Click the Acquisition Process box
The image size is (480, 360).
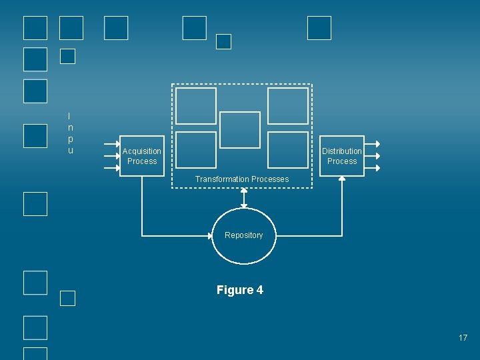(x=142, y=156)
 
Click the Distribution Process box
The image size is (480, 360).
(x=342, y=156)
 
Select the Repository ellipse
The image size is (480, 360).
(x=243, y=236)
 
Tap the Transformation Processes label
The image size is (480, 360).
(x=242, y=179)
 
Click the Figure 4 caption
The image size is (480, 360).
(x=240, y=290)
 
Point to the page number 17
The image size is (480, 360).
(x=463, y=338)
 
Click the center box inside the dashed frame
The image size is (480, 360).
(x=240, y=130)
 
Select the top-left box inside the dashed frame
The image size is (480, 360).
(x=196, y=106)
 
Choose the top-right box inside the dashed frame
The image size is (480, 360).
(x=288, y=106)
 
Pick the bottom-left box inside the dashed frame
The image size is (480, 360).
(x=196, y=149)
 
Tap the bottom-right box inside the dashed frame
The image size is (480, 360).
(x=288, y=149)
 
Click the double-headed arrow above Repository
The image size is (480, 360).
(x=244, y=198)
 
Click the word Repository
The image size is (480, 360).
(x=244, y=235)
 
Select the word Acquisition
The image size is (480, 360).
(x=142, y=151)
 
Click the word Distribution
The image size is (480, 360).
(x=342, y=151)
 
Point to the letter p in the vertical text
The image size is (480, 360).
(x=70, y=139)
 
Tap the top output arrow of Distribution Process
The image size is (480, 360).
(x=373, y=144)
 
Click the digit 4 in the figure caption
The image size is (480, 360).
(x=259, y=290)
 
